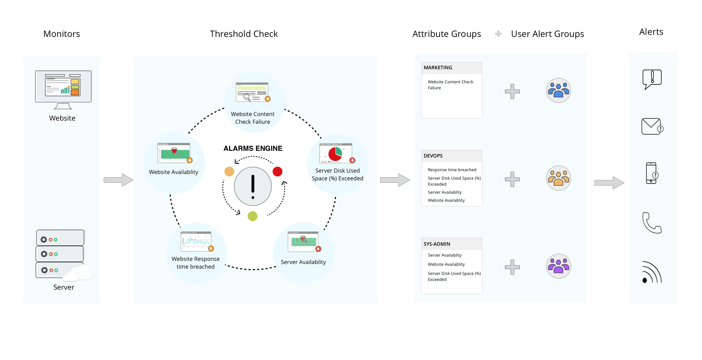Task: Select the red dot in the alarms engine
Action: click(x=278, y=172)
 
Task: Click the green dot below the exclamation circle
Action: click(x=253, y=216)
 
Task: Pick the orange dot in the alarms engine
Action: click(x=229, y=172)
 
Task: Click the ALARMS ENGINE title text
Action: click(x=253, y=148)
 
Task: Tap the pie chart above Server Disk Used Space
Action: click(x=336, y=154)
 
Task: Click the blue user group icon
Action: click(x=558, y=90)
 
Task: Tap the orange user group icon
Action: click(x=558, y=178)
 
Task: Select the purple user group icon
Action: click(x=558, y=266)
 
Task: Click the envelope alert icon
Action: click(x=652, y=127)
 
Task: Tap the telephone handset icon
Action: click(x=652, y=223)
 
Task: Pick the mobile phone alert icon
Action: click(x=651, y=173)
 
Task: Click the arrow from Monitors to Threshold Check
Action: click(x=118, y=180)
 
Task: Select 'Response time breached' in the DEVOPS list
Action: click(x=452, y=170)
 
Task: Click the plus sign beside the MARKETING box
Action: click(x=512, y=91)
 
